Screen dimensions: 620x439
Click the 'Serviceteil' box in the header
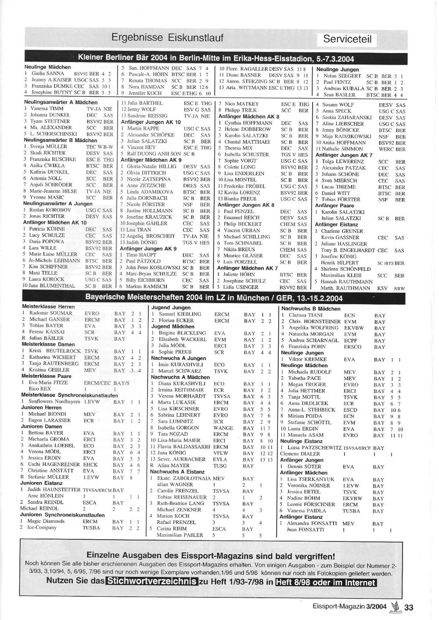pyautogui.click(x=347, y=39)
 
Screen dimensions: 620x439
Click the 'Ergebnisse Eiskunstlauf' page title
pyautogui.click(x=167, y=38)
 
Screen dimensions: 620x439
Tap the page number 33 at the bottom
pyautogui.click(x=409, y=607)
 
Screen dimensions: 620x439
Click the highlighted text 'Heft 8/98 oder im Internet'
pyautogui.click(x=326, y=582)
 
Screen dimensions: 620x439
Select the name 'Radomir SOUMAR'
pyautogui.click(x=46, y=313)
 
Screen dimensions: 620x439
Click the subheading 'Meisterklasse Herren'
pyautogui.click(x=48, y=306)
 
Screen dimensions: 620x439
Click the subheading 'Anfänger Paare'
pyautogui.click(x=335, y=205)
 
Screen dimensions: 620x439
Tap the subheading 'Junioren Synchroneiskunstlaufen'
pyautogui.click(x=62, y=515)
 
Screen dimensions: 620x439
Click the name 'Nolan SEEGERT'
pyautogui.click(x=342, y=76)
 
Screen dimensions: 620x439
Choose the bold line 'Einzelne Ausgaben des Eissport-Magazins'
pyautogui.click(x=211, y=555)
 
